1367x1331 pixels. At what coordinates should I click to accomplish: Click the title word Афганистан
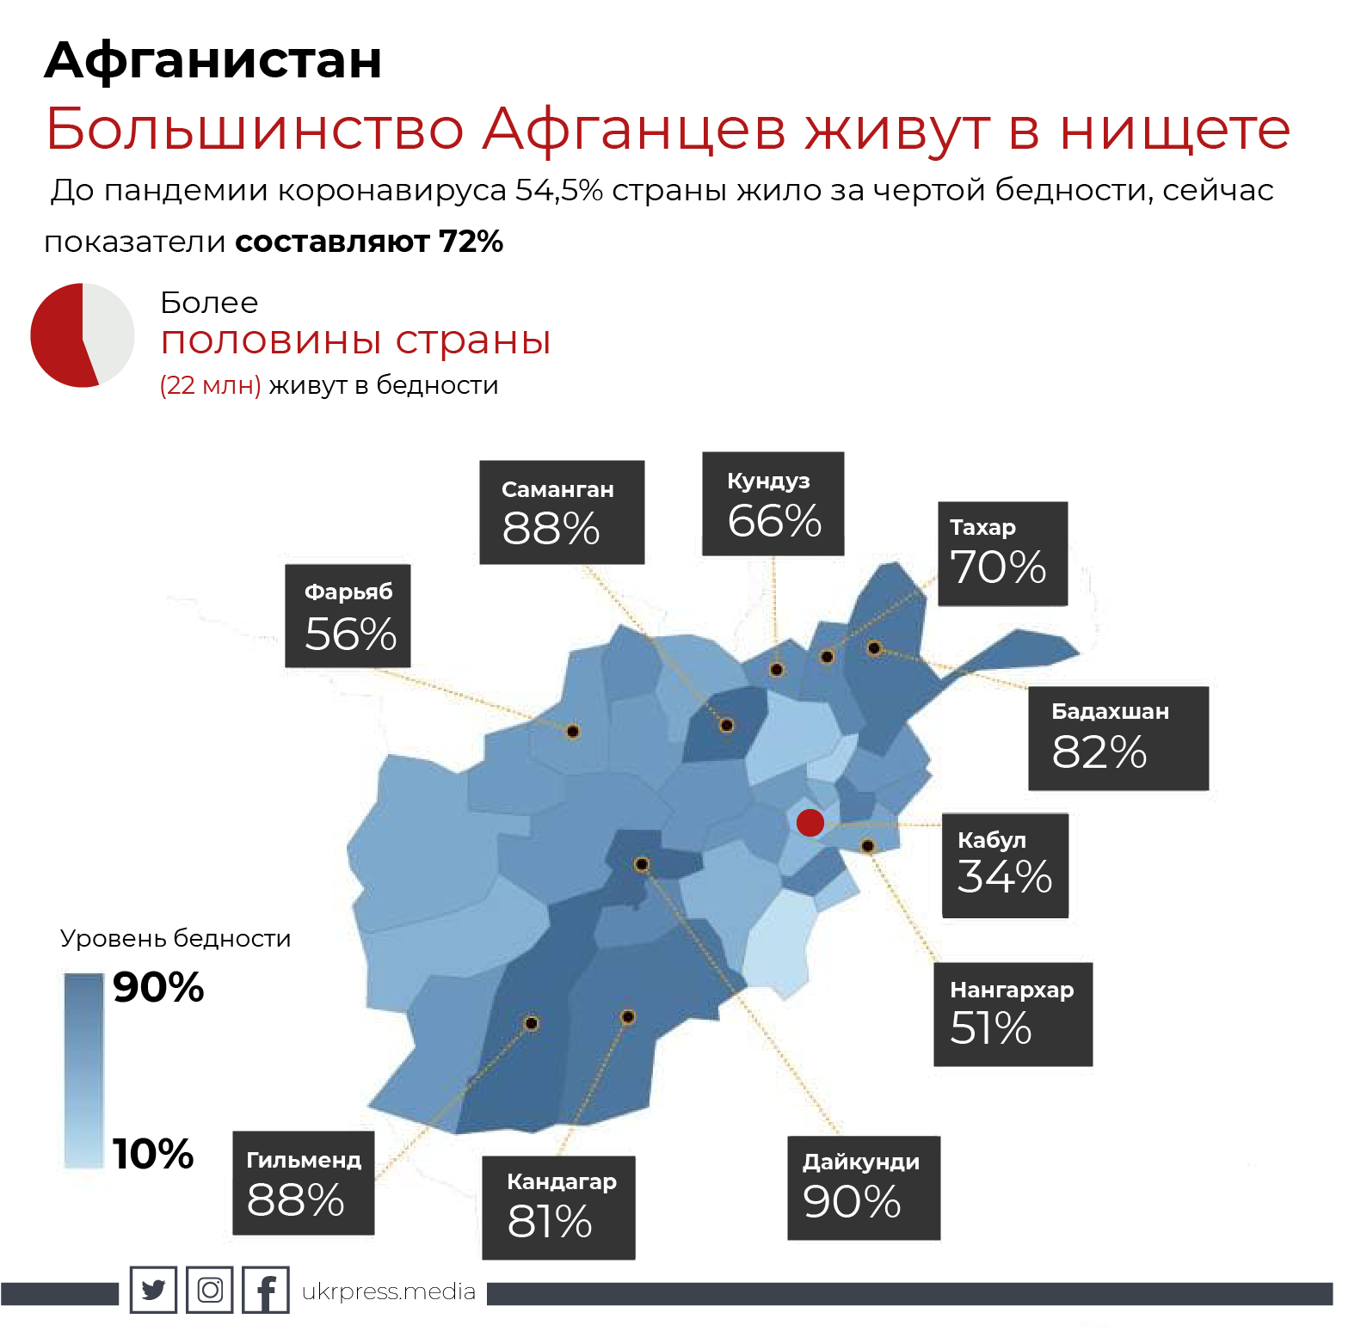tap(213, 60)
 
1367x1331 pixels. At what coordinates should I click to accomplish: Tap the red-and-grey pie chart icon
tap(83, 335)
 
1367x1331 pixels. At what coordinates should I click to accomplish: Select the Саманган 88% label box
tap(562, 512)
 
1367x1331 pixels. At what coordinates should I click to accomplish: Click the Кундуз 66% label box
tap(773, 504)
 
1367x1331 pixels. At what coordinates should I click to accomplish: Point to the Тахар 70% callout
tap(1002, 554)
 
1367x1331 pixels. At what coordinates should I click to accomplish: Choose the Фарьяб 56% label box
tap(348, 616)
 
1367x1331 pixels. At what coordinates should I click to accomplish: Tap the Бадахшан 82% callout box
tap(1118, 738)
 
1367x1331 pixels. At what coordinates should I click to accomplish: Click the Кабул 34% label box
tap(1005, 865)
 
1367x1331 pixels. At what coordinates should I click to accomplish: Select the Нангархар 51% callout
tap(1013, 1015)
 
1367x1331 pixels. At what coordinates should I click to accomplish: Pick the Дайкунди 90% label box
tap(863, 1187)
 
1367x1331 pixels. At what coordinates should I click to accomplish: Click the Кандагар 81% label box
tap(558, 1207)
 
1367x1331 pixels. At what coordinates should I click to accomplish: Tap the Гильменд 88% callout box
tap(304, 1183)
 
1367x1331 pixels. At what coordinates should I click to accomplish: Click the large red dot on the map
tap(810, 822)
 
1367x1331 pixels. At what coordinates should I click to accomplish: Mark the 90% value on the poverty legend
tap(158, 987)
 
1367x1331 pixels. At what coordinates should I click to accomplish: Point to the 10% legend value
tap(153, 1154)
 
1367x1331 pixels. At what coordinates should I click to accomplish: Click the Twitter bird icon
tap(153, 1290)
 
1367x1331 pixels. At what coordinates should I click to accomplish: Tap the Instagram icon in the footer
tap(210, 1290)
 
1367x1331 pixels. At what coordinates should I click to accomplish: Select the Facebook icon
tap(266, 1290)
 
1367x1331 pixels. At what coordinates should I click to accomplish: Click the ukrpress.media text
tap(389, 1291)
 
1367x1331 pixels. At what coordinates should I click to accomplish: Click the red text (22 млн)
tap(211, 385)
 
